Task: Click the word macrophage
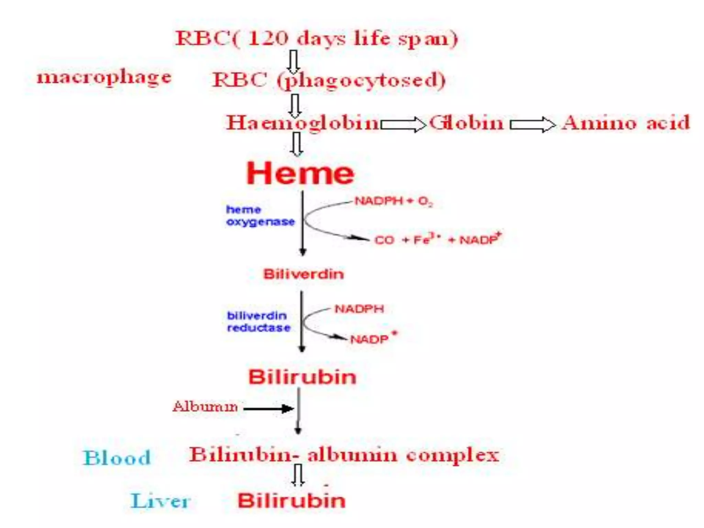(x=104, y=77)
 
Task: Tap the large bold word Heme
(x=300, y=173)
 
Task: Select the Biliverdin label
(x=304, y=274)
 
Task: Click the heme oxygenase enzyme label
(x=260, y=216)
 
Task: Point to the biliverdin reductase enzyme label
(x=258, y=322)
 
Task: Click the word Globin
(x=466, y=123)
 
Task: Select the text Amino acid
(x=626, y=123)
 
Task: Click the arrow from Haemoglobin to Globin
(x=403, y=124)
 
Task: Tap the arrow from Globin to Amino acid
(x=532, y=124)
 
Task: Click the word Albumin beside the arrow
(x=205, y=407)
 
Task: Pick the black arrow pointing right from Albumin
(x=268, y=409)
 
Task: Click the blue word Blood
(x=117, y=458)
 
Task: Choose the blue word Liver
(x=161, y=500)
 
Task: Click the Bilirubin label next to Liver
(x=291, y=500)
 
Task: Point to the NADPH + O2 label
(x=394, y=201)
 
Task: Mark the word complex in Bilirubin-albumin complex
(x=452, y=455)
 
